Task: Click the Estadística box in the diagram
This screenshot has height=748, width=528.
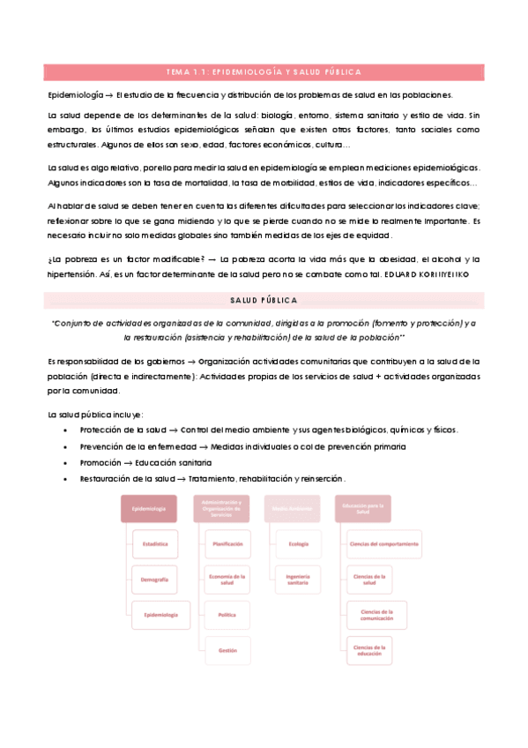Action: coord(154,544)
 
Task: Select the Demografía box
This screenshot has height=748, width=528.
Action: coord(154,580)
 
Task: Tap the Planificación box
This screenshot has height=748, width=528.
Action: coord(227,544)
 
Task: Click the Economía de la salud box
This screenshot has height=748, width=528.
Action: coord(227,580)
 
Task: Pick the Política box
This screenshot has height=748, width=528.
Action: coord(227,615)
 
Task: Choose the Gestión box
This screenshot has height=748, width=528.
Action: coord(227,650)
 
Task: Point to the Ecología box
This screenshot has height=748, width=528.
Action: coord(298,544)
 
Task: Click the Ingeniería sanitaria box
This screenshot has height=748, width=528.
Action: coord(298,580)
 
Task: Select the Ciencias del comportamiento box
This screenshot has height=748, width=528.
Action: coord(370,544)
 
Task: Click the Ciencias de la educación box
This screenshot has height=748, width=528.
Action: coord(370,650)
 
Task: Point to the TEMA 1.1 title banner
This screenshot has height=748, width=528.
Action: coord(264,72)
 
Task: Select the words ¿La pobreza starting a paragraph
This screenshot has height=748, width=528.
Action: coord(70,259)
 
